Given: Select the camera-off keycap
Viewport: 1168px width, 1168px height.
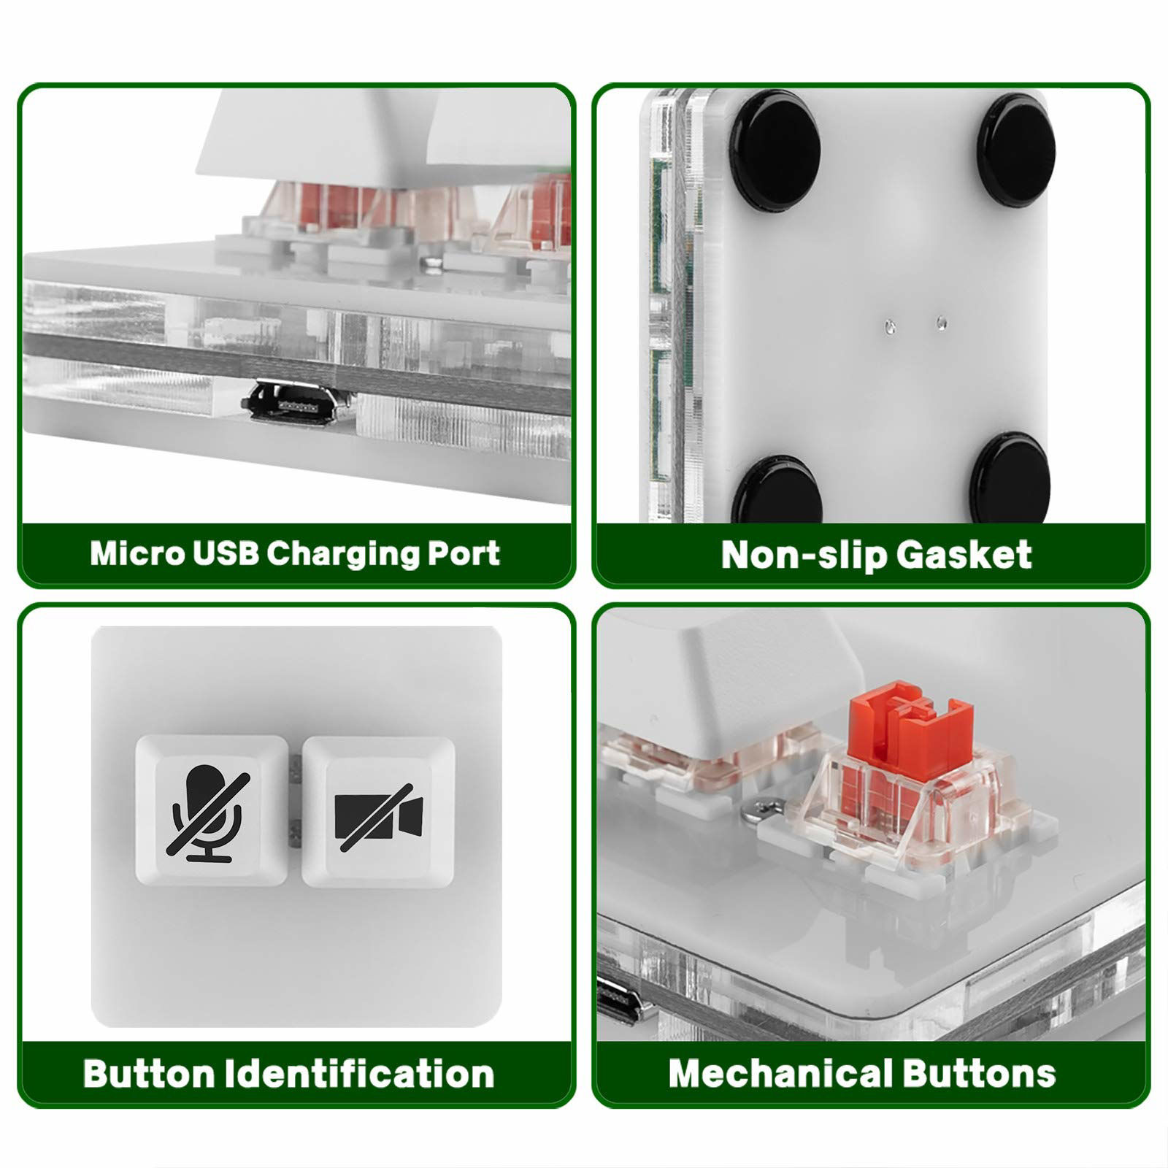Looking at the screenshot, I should (378, 811).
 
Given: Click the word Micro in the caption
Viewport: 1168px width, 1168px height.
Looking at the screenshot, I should (136, 553).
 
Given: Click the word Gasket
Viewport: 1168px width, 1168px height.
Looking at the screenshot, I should (964, 555).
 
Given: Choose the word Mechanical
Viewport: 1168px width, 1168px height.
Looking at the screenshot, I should (779, 1074).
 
